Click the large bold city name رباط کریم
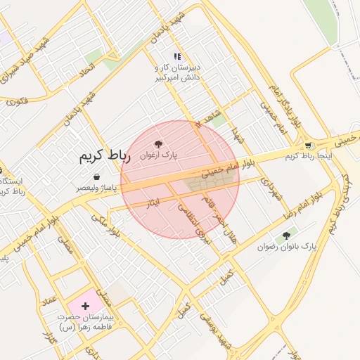[x=105, y=156]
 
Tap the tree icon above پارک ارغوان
[x=159, y=143]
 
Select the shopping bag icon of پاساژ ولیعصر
[x=96, y=176]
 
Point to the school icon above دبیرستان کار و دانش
[x=178, y=56]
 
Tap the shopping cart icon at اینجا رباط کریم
[x=309, y=145]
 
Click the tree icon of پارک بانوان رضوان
[x=286, y=236]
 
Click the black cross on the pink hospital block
[x=86, y=306]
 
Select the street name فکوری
[x=17, y=101]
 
